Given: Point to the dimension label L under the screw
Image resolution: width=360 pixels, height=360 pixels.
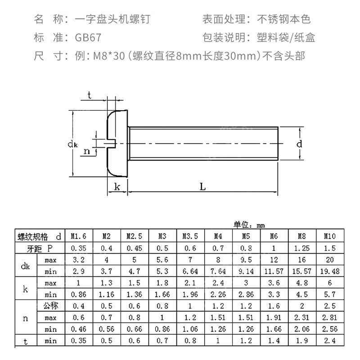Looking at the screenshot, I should (x=203, y=187).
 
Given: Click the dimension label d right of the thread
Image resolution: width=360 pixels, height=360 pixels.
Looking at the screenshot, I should (x=299, y=144).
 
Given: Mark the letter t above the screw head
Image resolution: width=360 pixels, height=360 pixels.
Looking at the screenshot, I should (x=90, y=94).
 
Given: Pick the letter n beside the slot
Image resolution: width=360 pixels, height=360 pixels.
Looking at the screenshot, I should (x=87, y=151).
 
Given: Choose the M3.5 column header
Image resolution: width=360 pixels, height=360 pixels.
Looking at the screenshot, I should (x=190, y=236).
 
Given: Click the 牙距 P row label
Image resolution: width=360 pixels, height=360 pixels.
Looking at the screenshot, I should (x=38, y=248).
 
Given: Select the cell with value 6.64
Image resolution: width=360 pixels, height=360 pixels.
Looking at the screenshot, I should (x=190, y=271).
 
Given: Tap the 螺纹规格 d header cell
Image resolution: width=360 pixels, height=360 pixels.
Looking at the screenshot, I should (x=38, y=236).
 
